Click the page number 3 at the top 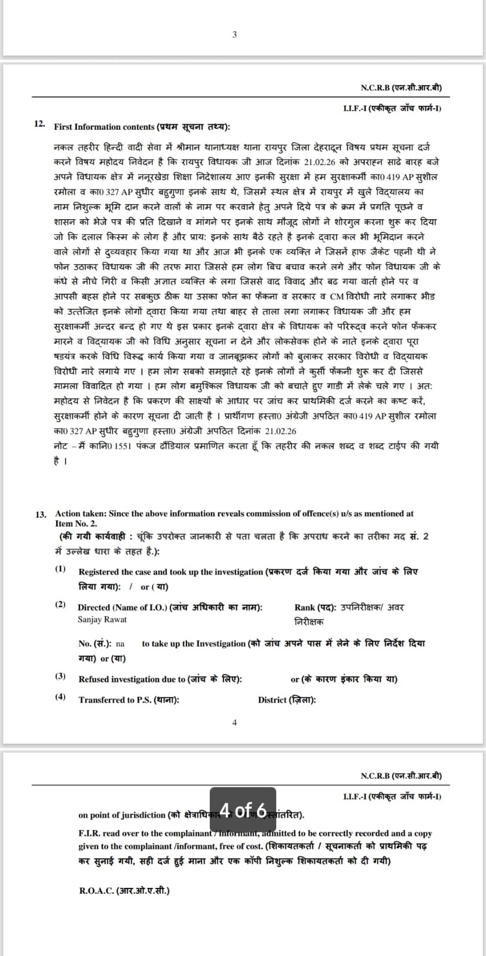[234, 35]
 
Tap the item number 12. [39, 124]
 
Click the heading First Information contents [104, 127]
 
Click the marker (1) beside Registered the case [61, 568]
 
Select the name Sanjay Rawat [102, 620]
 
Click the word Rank [305, 608]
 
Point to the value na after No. [120, 644]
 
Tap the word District [272, 700]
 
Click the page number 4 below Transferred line [234, 722]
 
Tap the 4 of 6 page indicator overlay [243, 810]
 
